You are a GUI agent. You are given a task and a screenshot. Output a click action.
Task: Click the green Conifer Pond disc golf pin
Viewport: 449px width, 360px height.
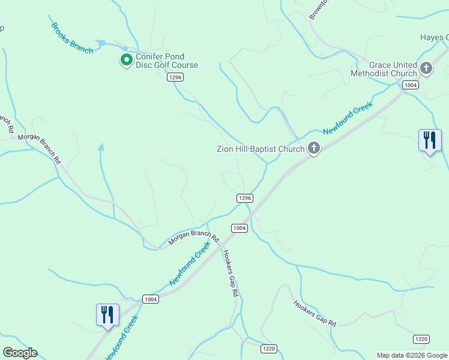(126, 60)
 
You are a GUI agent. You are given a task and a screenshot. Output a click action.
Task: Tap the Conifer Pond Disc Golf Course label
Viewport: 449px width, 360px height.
(167, 61)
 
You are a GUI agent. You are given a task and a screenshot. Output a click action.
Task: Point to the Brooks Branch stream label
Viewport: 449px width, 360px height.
(72, 38)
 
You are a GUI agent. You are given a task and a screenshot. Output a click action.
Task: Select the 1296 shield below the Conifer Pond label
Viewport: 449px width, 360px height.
(175, 77)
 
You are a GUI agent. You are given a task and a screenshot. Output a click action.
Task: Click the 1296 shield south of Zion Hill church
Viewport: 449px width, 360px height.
(244, 198)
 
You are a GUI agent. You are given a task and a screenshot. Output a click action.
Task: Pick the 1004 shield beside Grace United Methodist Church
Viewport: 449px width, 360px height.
(411, 85)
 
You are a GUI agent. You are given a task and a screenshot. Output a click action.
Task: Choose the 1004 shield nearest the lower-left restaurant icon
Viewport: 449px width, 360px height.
(150, 299)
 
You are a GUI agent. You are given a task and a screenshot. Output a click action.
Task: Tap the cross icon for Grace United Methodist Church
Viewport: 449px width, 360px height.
(426, 68)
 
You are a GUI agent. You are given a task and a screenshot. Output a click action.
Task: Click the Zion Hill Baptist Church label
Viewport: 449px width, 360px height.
(261, 149)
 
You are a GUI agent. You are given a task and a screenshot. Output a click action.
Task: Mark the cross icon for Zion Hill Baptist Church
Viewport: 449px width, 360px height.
(313, 148)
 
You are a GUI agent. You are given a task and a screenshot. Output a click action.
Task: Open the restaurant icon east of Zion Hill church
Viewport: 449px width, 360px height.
(430, 141)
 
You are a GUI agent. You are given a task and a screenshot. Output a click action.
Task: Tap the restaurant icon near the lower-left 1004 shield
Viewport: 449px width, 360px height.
(107, 315)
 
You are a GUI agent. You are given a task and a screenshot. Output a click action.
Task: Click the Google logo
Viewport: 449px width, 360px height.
(20, 353)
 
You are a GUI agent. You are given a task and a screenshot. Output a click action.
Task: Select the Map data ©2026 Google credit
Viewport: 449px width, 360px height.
(412, 355)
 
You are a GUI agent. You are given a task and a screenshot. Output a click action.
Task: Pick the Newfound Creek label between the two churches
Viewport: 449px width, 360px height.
(348, 118)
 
